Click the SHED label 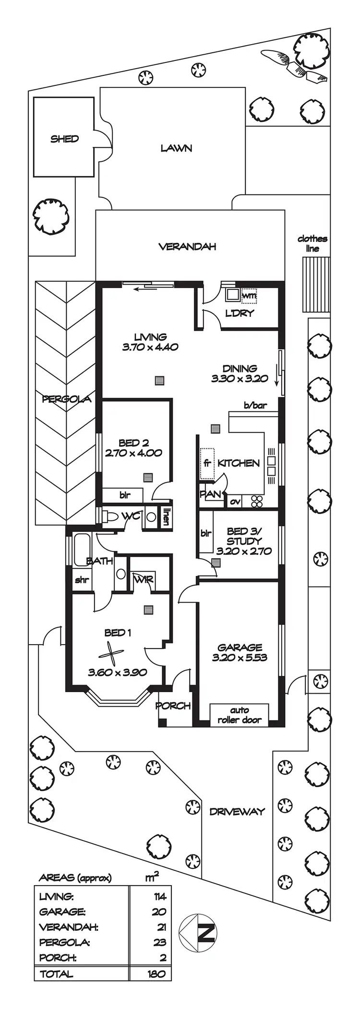pyautogui.click(x=64, y=139)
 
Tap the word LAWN pyautogui.click(x=176, y=148)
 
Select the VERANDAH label pyautogui.click(x=187, y=247)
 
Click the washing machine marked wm pyautogui.click(x=249, y=296)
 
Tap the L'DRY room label pyautogui.click(x=240, y=313)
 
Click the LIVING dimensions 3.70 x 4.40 pyautogui.click(x=150, y=347)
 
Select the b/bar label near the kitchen pyautogui.click(x=255, y=405)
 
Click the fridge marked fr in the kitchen pyautogui.click(x=207, y=464)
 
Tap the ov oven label pyautogui.click(x=235, y=502)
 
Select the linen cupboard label pyautogui.click(x=166, y=517)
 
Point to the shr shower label pyautogui.click(x=82, y=580)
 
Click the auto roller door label pyautogui.click(x=239, y=715)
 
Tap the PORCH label pyautogui.click(x=173, y=706)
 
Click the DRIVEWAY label pyautogui.click(x=237, y=811)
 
